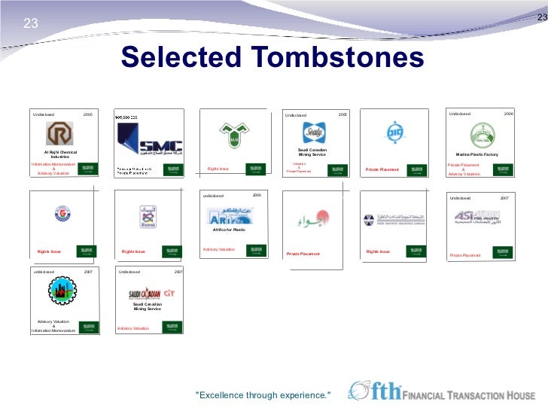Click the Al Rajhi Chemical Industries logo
59,135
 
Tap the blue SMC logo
148,139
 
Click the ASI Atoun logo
477,218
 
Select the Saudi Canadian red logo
145,294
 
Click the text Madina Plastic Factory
477,154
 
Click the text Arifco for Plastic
230,230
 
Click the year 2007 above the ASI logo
504,198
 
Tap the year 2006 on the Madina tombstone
508,114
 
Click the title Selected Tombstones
272,58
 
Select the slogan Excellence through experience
263,395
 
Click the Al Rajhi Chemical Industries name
60,154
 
